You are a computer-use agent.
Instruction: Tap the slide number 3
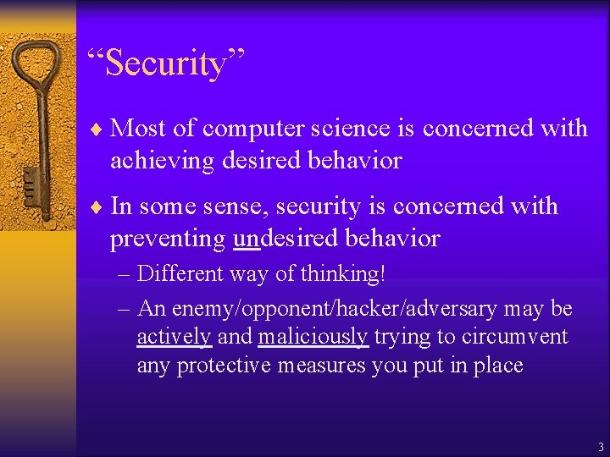pyautogui.click(x=600, y=446)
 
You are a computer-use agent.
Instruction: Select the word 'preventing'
pyautogui.click(x=167, y=239)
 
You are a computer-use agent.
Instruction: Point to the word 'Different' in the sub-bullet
pyautogui.click(x=179, y=274)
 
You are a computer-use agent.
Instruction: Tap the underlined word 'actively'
pyautogui.click(x=174, y=337)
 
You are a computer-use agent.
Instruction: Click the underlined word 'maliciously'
pyautogui.click(x=313, y=337)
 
